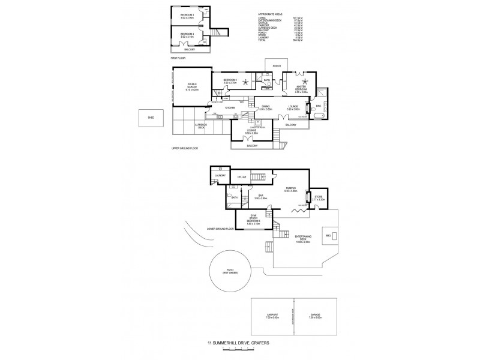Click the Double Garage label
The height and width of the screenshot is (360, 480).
[x=191, y=85]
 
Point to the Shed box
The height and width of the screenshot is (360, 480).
[x=151, y=118]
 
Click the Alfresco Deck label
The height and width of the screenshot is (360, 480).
[x=200, y=126]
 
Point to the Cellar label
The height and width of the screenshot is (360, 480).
[x=242, y=177]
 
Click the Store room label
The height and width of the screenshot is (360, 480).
[x=319, y=196]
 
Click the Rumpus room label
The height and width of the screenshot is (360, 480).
[x=292, y=188]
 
